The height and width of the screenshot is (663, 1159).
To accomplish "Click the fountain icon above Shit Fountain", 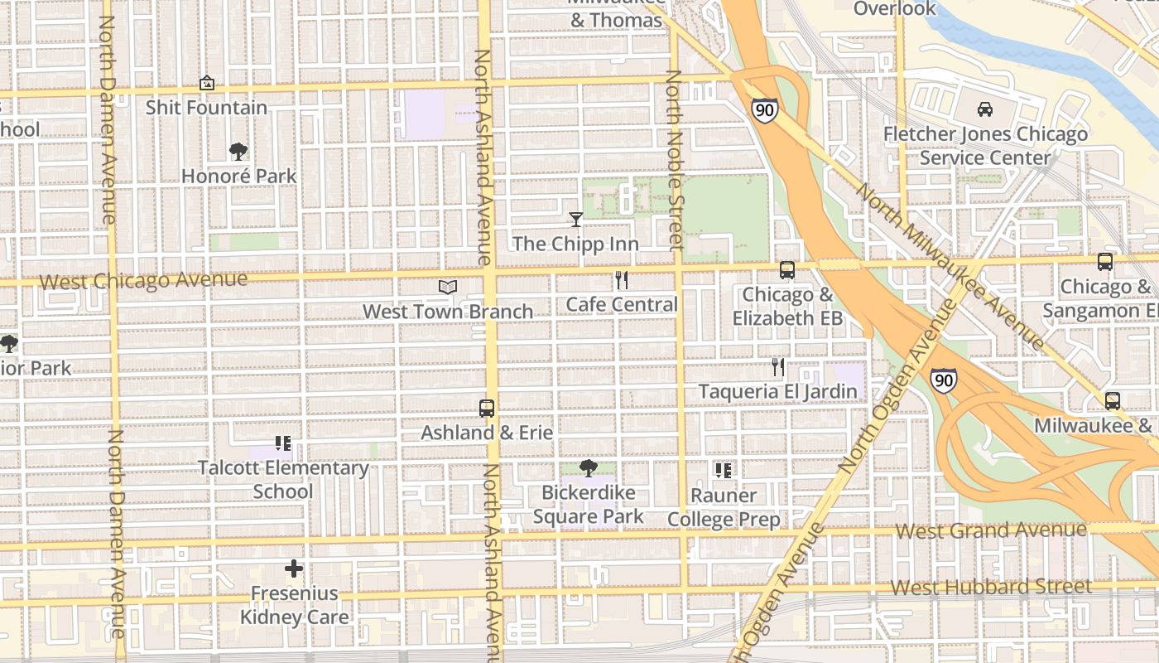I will coord(207,83).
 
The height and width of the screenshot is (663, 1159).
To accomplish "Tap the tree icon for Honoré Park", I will coord(238,151).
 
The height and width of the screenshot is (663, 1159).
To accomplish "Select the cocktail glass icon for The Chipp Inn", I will coord(576,220).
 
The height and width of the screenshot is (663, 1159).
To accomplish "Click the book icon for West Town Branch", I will coord(448,287).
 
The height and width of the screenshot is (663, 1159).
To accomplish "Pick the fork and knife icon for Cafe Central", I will coord(622,280).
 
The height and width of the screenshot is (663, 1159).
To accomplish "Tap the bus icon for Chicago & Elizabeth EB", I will coord(786,270).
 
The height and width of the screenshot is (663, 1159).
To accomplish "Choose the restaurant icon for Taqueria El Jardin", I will coord(777,366).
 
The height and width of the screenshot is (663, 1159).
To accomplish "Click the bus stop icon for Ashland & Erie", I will coord(487,408).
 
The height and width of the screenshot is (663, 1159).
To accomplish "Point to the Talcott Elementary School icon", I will coord(283,443).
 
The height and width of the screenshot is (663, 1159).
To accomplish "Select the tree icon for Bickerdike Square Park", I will coord(589,468).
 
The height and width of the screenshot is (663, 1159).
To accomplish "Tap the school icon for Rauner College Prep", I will coord(723,471).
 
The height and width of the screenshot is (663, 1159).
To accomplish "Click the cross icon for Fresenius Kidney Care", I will coord(294,569).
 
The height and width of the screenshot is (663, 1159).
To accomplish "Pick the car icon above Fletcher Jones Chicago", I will coord(985,109).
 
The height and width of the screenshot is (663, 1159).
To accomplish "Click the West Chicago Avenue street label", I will coord(143,280).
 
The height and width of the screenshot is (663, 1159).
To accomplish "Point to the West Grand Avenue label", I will coord(991,530).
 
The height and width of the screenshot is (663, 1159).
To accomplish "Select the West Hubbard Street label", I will coord(991,588).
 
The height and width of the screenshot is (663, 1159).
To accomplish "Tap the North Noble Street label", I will coord(675,159).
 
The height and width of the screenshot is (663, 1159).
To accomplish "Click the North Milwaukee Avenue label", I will coord(950,265).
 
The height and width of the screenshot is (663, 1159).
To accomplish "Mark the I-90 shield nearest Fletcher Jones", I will coord(764,110).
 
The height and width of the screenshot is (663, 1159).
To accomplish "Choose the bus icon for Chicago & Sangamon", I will coord(1104,262).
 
